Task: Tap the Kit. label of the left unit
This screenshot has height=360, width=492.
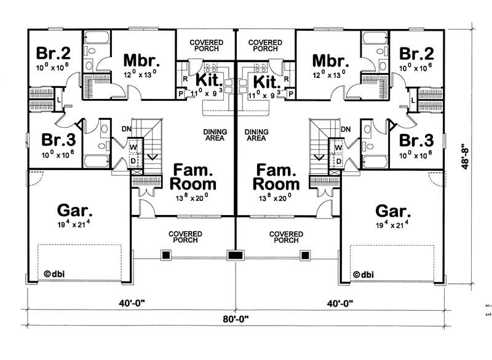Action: pyautogui.click(x=208, y=80)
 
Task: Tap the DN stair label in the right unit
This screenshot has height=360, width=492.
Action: pyautogui.click(x=345, y=129)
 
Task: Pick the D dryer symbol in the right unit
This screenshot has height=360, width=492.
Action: pyautogui.click(x=338, y=160)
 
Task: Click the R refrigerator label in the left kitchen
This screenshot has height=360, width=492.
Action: pyautogui.click(x=184, y=79)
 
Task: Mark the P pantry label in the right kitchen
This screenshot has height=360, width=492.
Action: pyautogui.click(x=290, y=93)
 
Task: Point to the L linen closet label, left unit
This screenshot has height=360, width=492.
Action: pyautogui.click(x=58, y=99)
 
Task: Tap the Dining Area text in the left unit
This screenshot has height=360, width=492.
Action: pyautogui.click(x=215, y=135)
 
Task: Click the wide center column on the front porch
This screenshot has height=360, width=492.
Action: pyautogui.click(x=235, y=255)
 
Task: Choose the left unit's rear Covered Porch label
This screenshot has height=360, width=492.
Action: pyautogui.click(x=206, y=45)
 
